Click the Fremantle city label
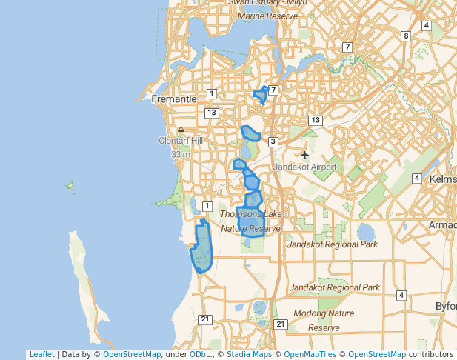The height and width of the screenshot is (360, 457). coord(173,99)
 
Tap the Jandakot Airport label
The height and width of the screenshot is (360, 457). coord(305,167)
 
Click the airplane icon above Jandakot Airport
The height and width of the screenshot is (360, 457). coord(305,154)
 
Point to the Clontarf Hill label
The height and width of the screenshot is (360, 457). coord(180,141)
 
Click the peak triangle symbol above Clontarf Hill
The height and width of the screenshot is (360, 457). coord(181,129)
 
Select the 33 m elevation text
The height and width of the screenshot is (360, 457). coord(180,155)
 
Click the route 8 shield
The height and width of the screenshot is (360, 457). coord(406,36)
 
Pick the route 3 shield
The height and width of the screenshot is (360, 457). coord(273,141)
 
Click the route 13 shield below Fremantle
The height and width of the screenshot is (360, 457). coord(212,112)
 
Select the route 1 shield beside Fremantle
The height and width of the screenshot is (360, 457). coord(212,93)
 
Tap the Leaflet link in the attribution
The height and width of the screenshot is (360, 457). coord(41,354)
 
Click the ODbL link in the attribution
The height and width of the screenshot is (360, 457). coord(200,354)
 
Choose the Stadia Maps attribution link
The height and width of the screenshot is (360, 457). coord(249,354)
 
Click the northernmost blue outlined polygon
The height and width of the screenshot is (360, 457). coord(260,95)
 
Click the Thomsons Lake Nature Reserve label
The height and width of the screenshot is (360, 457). coord(250,221)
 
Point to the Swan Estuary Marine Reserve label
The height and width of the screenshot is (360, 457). coord(267,7)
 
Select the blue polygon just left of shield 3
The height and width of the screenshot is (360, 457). coord(250,134)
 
